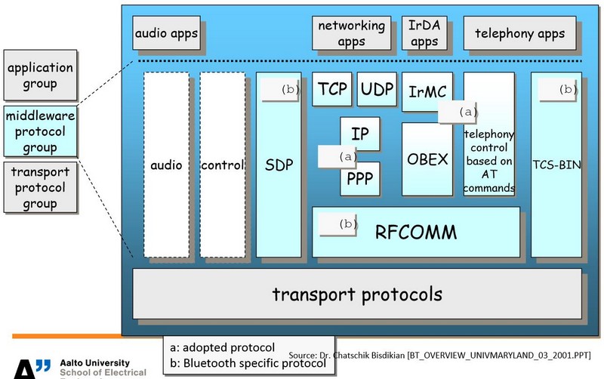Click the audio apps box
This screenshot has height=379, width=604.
point(166,33)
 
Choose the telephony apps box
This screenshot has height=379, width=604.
point(519,33)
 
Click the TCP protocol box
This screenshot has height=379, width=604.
point(332,90)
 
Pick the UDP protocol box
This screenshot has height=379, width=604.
point(377,90)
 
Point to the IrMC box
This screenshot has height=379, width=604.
point(427,92)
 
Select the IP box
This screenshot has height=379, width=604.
point(360,134)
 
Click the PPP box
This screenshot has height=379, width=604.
point(360,180)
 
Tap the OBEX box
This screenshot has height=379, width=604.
point(427,159)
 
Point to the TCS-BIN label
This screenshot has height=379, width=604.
point(556,164)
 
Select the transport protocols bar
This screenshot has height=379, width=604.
point(357,294)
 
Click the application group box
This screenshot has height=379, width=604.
point(39,75)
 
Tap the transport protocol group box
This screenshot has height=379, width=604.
point(39,187)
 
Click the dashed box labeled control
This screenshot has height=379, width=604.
point(223,165)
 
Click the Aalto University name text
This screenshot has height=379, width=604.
point(94,363)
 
